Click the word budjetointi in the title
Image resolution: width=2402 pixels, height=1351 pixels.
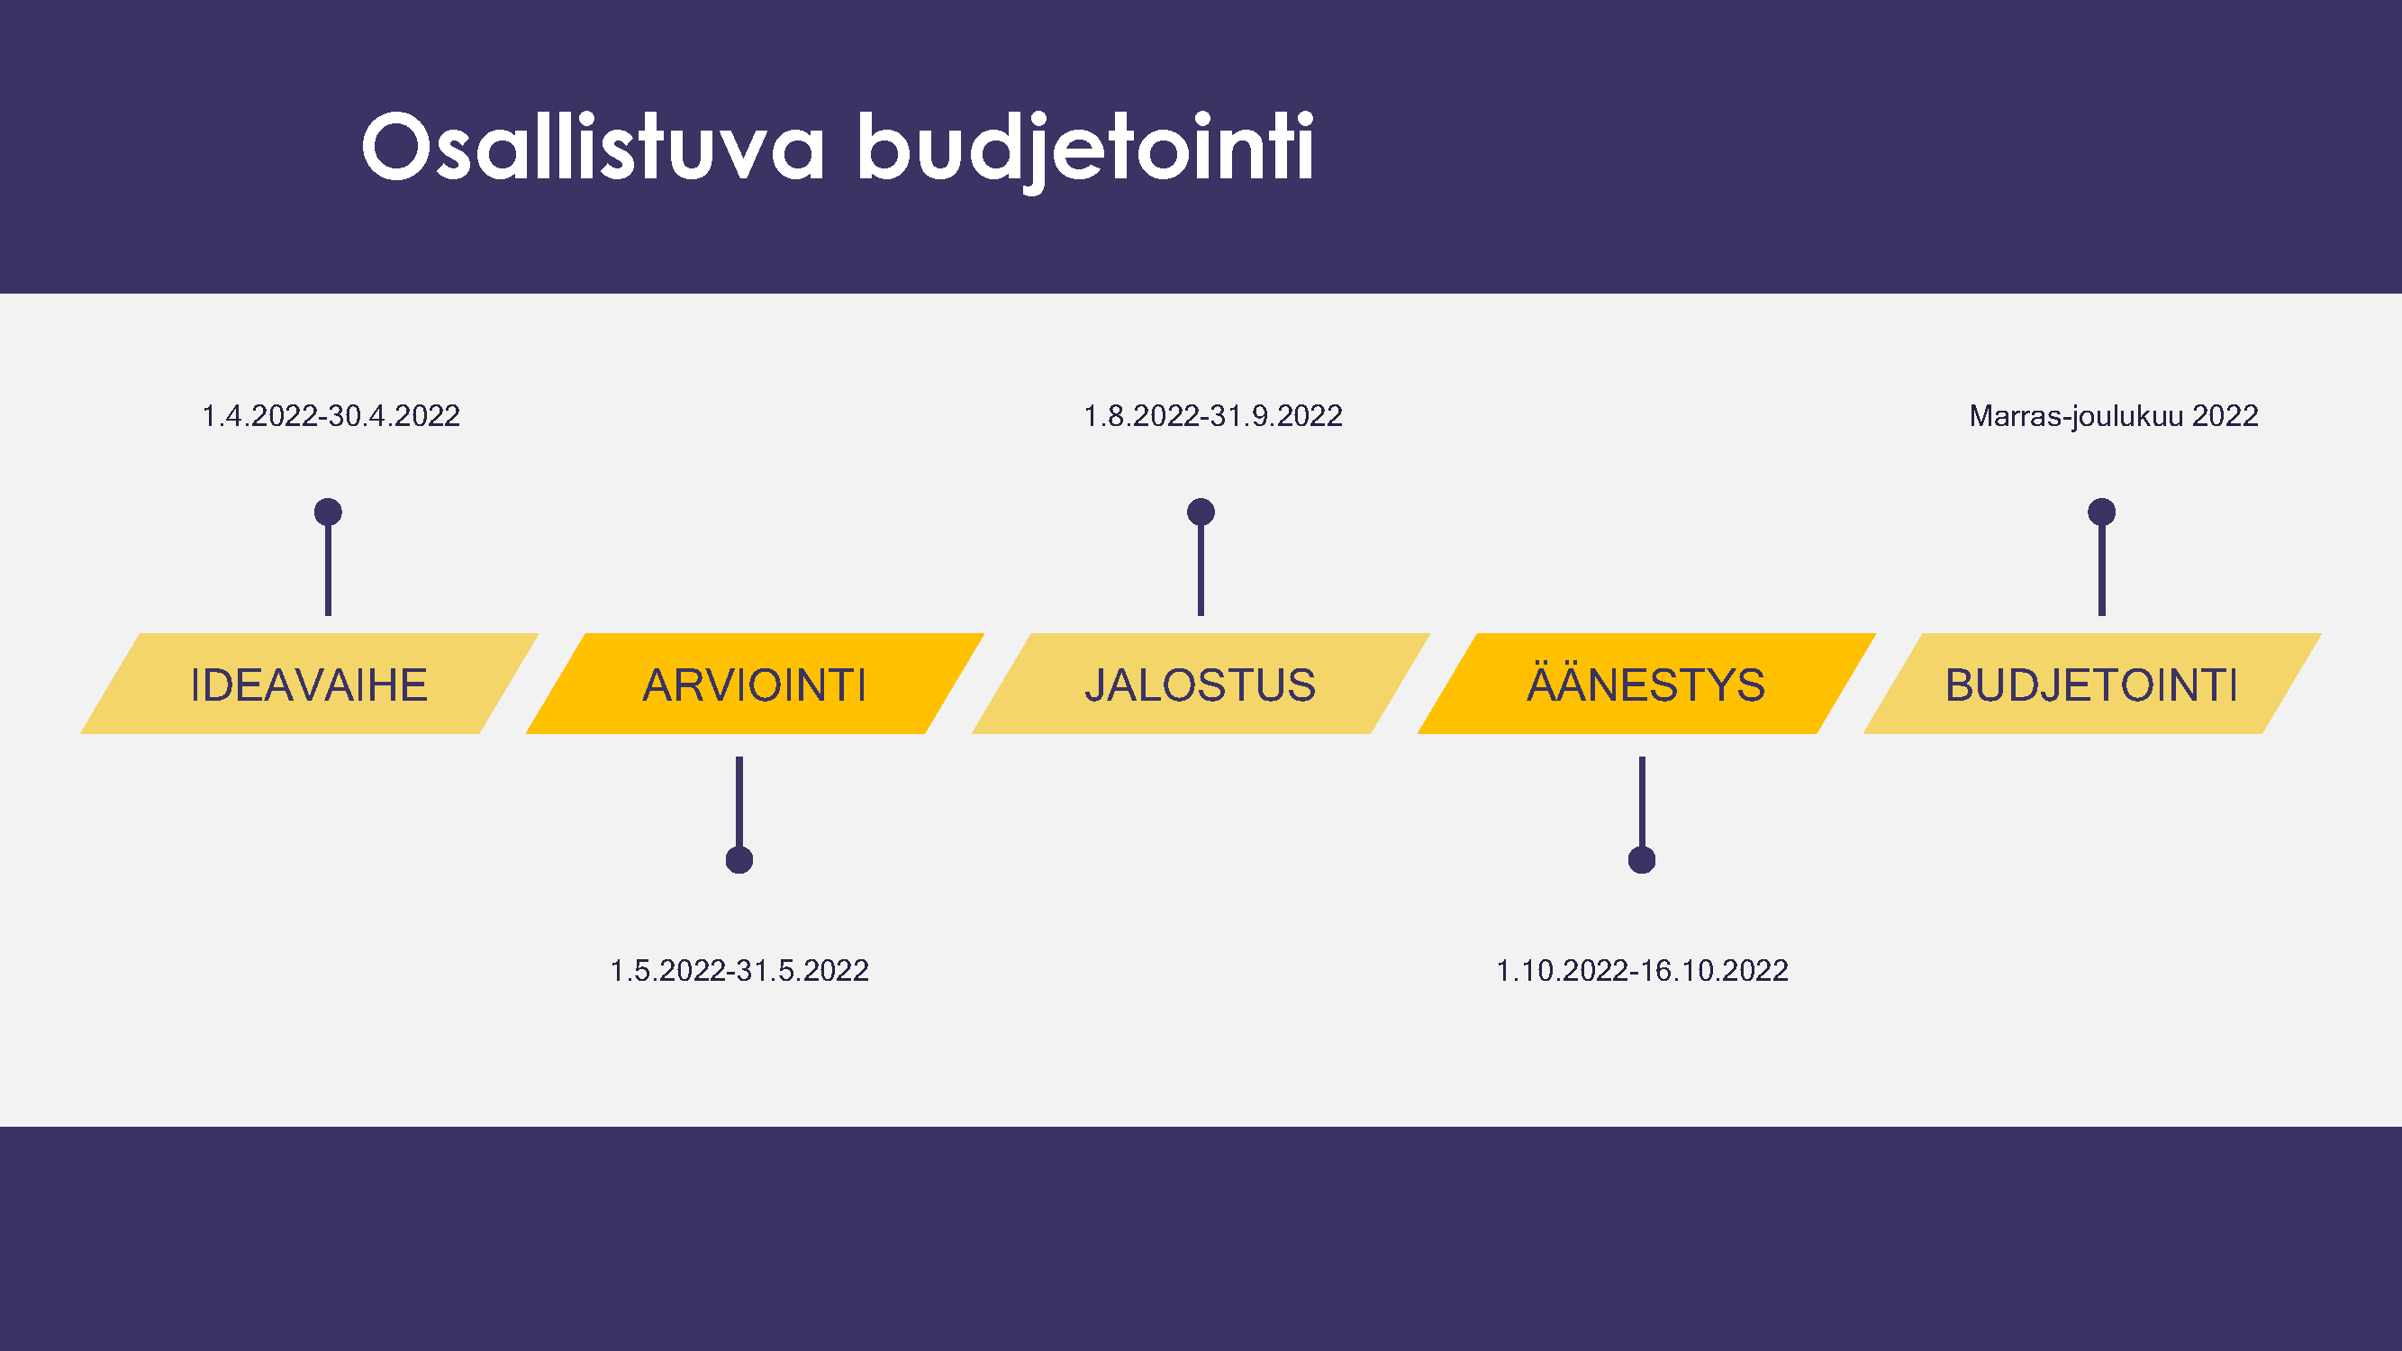[1085, 150]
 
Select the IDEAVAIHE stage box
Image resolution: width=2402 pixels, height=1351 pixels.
[310, 684]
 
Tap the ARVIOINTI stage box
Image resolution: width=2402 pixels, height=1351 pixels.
[756, 684]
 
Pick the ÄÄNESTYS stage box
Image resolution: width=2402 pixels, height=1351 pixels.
[1646, 684]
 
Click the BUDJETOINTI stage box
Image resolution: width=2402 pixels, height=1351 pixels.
[2092, 684]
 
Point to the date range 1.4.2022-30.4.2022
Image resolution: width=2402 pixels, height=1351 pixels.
[331, 416]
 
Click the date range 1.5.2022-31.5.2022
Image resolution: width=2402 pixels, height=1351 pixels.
[739, 971]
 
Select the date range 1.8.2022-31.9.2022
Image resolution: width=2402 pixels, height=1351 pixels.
[1213, 416]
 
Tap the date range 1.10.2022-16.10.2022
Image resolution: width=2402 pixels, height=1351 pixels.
[1642, 971]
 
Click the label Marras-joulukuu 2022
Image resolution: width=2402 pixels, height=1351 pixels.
[2114, 416]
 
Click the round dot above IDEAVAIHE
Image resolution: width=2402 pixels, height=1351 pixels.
[328, 512]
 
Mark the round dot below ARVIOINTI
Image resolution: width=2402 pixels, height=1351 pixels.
[739, 859]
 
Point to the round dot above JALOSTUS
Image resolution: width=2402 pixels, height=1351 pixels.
[1201, 512]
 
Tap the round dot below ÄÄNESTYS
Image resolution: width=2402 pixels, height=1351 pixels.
[1642, 859]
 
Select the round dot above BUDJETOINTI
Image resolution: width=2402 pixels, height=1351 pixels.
[2102, 512]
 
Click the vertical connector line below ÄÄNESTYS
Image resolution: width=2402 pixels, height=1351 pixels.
[1642, 802]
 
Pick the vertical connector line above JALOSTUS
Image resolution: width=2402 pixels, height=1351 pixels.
[1201, 568]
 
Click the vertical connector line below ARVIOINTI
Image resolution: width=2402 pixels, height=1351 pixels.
[739, 802]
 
